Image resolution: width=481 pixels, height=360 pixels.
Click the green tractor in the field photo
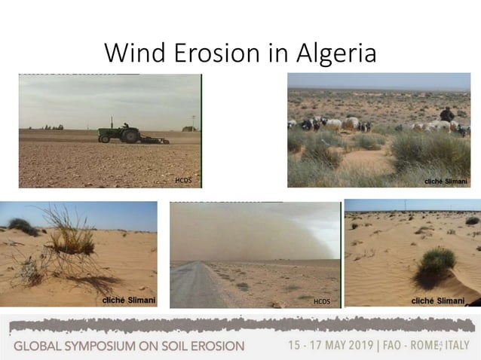coord(121,133)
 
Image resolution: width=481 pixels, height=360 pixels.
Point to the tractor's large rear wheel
coord(130,136)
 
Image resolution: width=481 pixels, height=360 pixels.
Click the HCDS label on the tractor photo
coord(183,181)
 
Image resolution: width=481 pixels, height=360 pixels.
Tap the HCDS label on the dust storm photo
coord(322,301)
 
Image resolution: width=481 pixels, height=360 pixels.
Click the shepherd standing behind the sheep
coord(447,114)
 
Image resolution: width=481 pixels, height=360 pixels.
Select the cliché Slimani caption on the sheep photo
coord(445,181)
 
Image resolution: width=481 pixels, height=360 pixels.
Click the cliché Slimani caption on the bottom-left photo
coord(129,301)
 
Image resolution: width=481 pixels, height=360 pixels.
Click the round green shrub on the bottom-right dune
coord(437,264)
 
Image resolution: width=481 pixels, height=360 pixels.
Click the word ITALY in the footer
coord(456,345)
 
